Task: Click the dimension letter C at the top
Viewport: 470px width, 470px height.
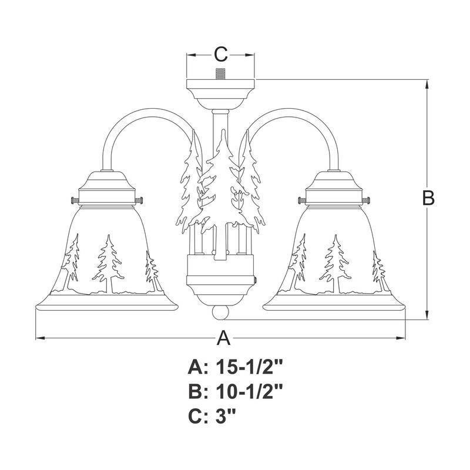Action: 220,55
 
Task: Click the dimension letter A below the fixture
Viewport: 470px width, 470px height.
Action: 223,338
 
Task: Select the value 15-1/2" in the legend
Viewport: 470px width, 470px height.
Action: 250,368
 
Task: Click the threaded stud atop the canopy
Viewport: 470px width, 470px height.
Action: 221,75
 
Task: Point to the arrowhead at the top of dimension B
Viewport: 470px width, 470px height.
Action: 427,83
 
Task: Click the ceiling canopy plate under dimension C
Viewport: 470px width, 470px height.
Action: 221,91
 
